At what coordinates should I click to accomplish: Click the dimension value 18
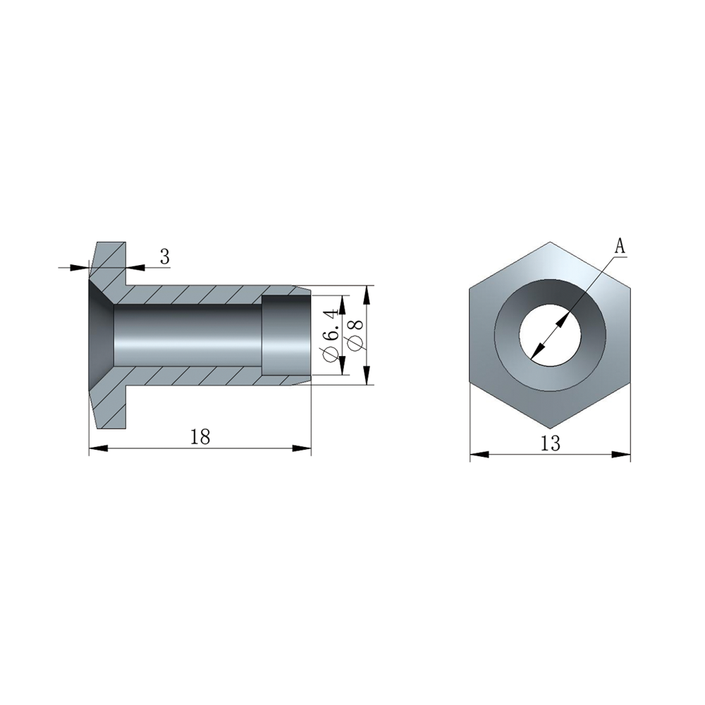(x=200, y=436)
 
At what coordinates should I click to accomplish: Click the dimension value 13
(x=551, y=443)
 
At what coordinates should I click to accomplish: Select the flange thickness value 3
(x=165, y=257)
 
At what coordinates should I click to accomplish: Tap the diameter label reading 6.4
(x=331, y=334)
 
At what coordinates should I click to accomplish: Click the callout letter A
(x=620, y=246)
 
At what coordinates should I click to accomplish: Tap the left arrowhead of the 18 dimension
(x=99, y=448)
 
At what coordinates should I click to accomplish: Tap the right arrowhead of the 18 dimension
(x=302, y=448)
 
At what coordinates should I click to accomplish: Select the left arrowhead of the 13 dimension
(x=479, y=455)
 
